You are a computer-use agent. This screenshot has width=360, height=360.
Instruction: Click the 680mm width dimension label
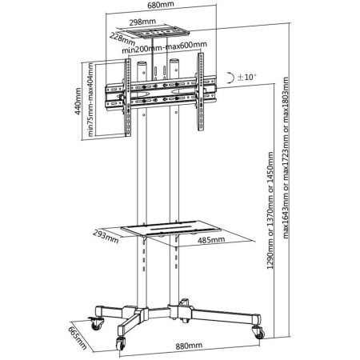pyautogui.click(x=161, y=5)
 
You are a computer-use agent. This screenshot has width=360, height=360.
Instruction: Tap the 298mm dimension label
pyautogui.click(x=142, y=22)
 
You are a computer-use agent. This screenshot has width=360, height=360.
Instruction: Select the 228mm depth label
pyautogui.click(x=122, y=38)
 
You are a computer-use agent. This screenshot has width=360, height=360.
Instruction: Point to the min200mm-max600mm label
pyautogui.click(x=164, y=47)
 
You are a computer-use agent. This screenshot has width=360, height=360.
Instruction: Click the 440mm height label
pyautogui.click(x=78, y=102)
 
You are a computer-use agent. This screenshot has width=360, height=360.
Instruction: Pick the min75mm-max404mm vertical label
pyautogui.click(x=91, y=99)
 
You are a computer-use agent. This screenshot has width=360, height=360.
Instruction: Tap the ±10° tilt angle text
pyautogui.click(x=246, y=77)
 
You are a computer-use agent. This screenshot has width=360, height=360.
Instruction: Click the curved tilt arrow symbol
pyautogui.click(x=230, y=78)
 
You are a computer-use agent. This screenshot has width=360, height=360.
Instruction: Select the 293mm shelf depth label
pyautogui.click(x=106, y=237)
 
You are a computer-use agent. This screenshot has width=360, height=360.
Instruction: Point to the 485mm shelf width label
pyautogui.click(x=211, y=240)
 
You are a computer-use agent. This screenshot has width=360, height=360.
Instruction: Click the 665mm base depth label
pyautogui.click(x=78, y=338)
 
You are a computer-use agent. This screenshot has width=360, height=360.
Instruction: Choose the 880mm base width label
pyautogui.click(x=189, y=346)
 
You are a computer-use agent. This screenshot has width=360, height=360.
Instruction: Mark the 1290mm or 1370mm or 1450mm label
pyautogui.click(x=270, y=210)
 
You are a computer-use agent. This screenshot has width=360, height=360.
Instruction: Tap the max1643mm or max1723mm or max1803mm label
pyautogui.click(x=286, y=158)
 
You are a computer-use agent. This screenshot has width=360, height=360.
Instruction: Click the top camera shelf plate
pyautogui.click(x=158, y=33)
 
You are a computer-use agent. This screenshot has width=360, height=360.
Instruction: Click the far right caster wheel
pyautogui.click(x=259, y=333)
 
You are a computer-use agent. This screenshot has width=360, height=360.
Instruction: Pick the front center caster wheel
pyautogui.click(x=121, y=343)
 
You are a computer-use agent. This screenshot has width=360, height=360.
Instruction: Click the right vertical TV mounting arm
pyautogui.click(x=200, y=92)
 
